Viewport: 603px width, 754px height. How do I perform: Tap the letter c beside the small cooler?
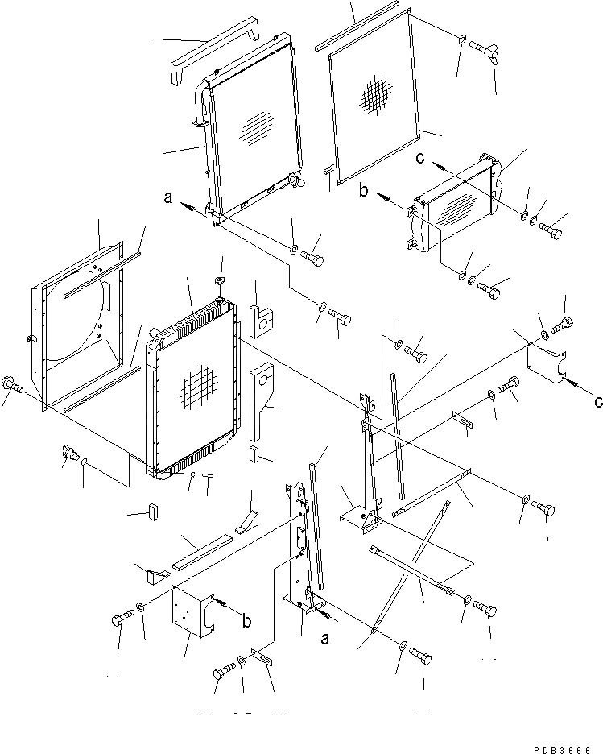[x=421, y=158]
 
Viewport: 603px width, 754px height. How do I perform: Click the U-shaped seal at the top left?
[x=213, y=50]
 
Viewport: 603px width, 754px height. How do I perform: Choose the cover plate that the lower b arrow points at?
[x=190, y=615]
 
